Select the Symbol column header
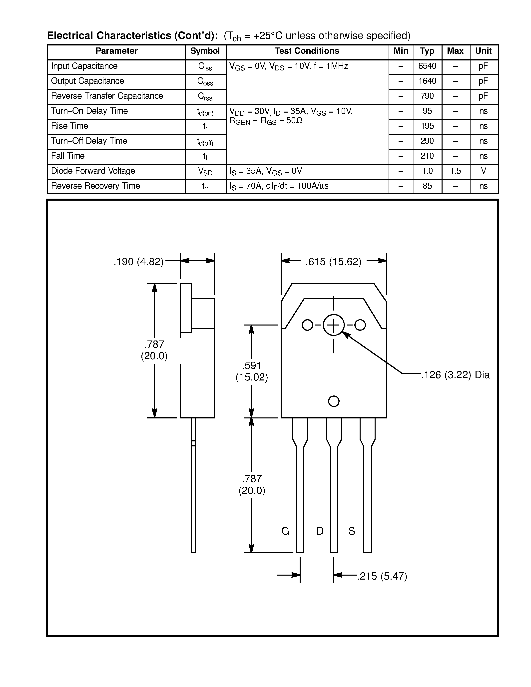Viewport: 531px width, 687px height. [x=205, y=51]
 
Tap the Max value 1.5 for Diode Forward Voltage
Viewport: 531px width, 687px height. [x=455, y=171]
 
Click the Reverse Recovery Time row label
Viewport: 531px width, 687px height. [x=95, y=186]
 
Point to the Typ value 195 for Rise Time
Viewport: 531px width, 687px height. [x=427, y=126]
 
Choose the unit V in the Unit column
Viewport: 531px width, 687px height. [x=484, y=171]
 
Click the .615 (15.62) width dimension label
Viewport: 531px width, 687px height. [x=333, y=262]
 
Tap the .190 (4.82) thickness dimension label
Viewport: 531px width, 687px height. [x=139, y=262]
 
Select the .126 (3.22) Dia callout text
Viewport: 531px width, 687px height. [x=455, y=375]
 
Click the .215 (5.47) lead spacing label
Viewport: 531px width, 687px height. [x=382, y=576]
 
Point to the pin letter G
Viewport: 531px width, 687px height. [x=285, y=531]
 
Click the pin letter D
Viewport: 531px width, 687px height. [x=320, y=531]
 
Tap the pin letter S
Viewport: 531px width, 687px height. [x=352, y=531]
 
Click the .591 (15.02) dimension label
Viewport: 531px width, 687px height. [x=252, y=371]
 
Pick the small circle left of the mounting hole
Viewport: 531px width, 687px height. [x=307, y=325]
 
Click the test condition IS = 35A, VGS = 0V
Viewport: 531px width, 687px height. [x=266, y=171]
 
